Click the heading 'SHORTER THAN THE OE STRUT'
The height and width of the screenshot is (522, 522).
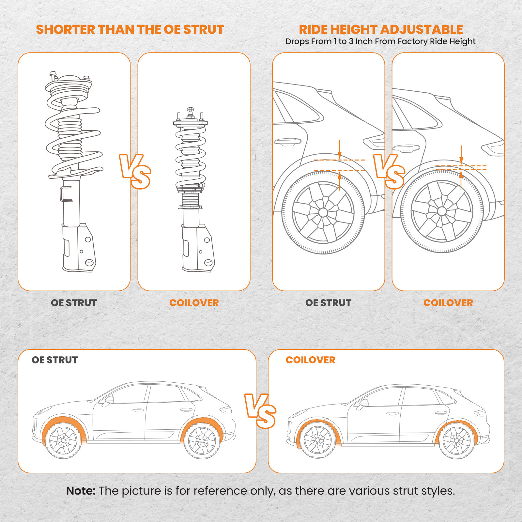click(130, 29)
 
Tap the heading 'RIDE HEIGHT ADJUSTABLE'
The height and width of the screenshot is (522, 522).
click(381, 29)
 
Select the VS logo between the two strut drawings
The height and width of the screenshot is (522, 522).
click(135, 172)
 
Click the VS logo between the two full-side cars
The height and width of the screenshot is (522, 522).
click(260, 411)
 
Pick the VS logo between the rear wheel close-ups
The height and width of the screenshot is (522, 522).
click(389, 172)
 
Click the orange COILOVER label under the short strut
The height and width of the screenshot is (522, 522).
click(194, 303)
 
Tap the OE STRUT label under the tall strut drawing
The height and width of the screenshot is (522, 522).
click(74, 303)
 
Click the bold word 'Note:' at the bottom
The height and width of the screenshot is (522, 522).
click(81, 491)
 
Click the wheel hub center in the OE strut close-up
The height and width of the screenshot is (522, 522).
click(323, 212)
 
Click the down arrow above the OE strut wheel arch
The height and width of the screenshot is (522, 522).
click(340, 150)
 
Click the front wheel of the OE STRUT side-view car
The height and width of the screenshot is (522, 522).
click(63, 441)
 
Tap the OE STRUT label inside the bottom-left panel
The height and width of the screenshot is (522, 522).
click(54, 360)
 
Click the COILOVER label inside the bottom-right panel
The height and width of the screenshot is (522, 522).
click(310, 360)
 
